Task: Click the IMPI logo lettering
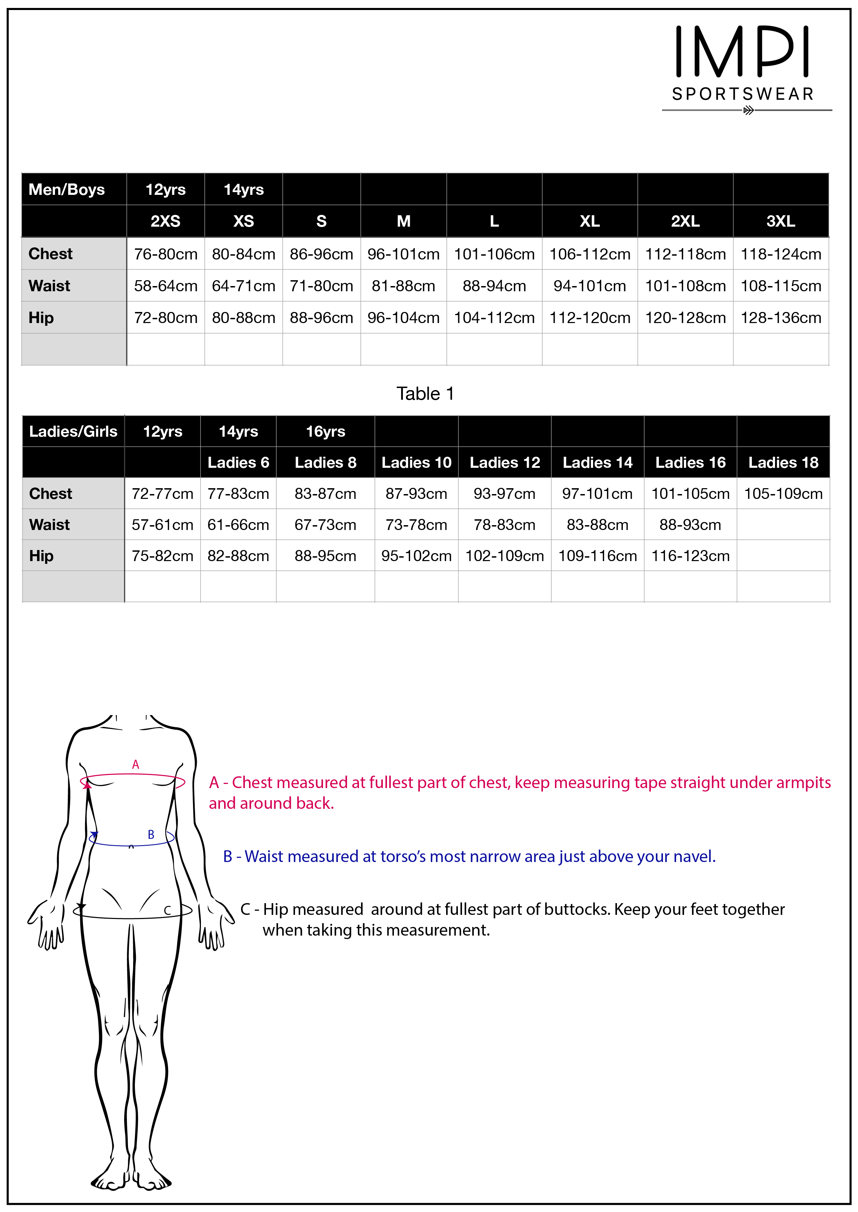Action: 742,52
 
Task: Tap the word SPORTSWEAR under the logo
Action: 743,94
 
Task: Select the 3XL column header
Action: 780,221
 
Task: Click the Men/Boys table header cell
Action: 66,190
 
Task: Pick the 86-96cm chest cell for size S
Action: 321,254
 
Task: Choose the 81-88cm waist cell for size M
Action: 403,286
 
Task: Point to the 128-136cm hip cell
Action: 780,318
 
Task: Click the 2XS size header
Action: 165,221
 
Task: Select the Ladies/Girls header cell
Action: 73,431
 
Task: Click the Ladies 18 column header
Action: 783,462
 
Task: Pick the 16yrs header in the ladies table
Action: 325,431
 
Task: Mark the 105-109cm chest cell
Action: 783,494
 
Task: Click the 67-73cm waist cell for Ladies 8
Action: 325,525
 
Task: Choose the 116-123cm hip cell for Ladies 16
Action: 690,556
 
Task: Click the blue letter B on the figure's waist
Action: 151,835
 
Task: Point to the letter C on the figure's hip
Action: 167,911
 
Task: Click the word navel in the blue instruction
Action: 695,856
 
